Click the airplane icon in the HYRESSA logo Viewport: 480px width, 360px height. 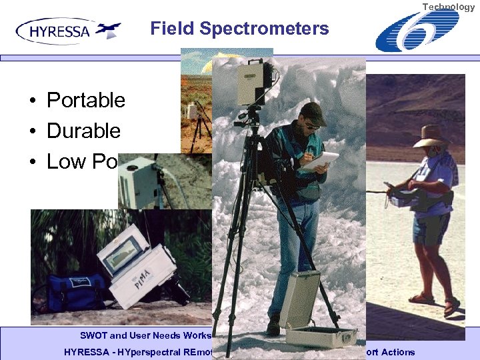tap(107, 30)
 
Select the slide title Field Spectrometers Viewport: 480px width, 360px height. tap(239, 29)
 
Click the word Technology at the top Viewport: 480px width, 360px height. tap(449, 7)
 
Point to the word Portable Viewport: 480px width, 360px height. tap(85, 100)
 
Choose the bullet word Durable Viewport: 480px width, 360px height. tap(83, 131)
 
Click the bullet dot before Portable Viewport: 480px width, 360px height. tap(32, 101)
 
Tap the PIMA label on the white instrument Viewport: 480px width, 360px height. tap(139, 275)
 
